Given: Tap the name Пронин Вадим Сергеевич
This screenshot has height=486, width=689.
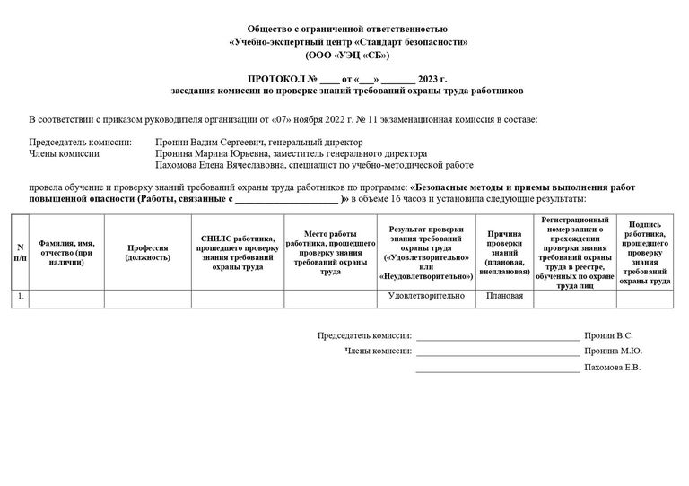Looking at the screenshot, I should (x=208, y=142).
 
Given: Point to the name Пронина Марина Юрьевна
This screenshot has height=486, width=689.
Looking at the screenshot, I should (x=206, y=153).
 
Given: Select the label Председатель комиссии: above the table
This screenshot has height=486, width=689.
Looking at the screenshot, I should (x=81, y=142).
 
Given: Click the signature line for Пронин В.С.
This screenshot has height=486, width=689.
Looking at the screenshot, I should (x=497, y=336).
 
